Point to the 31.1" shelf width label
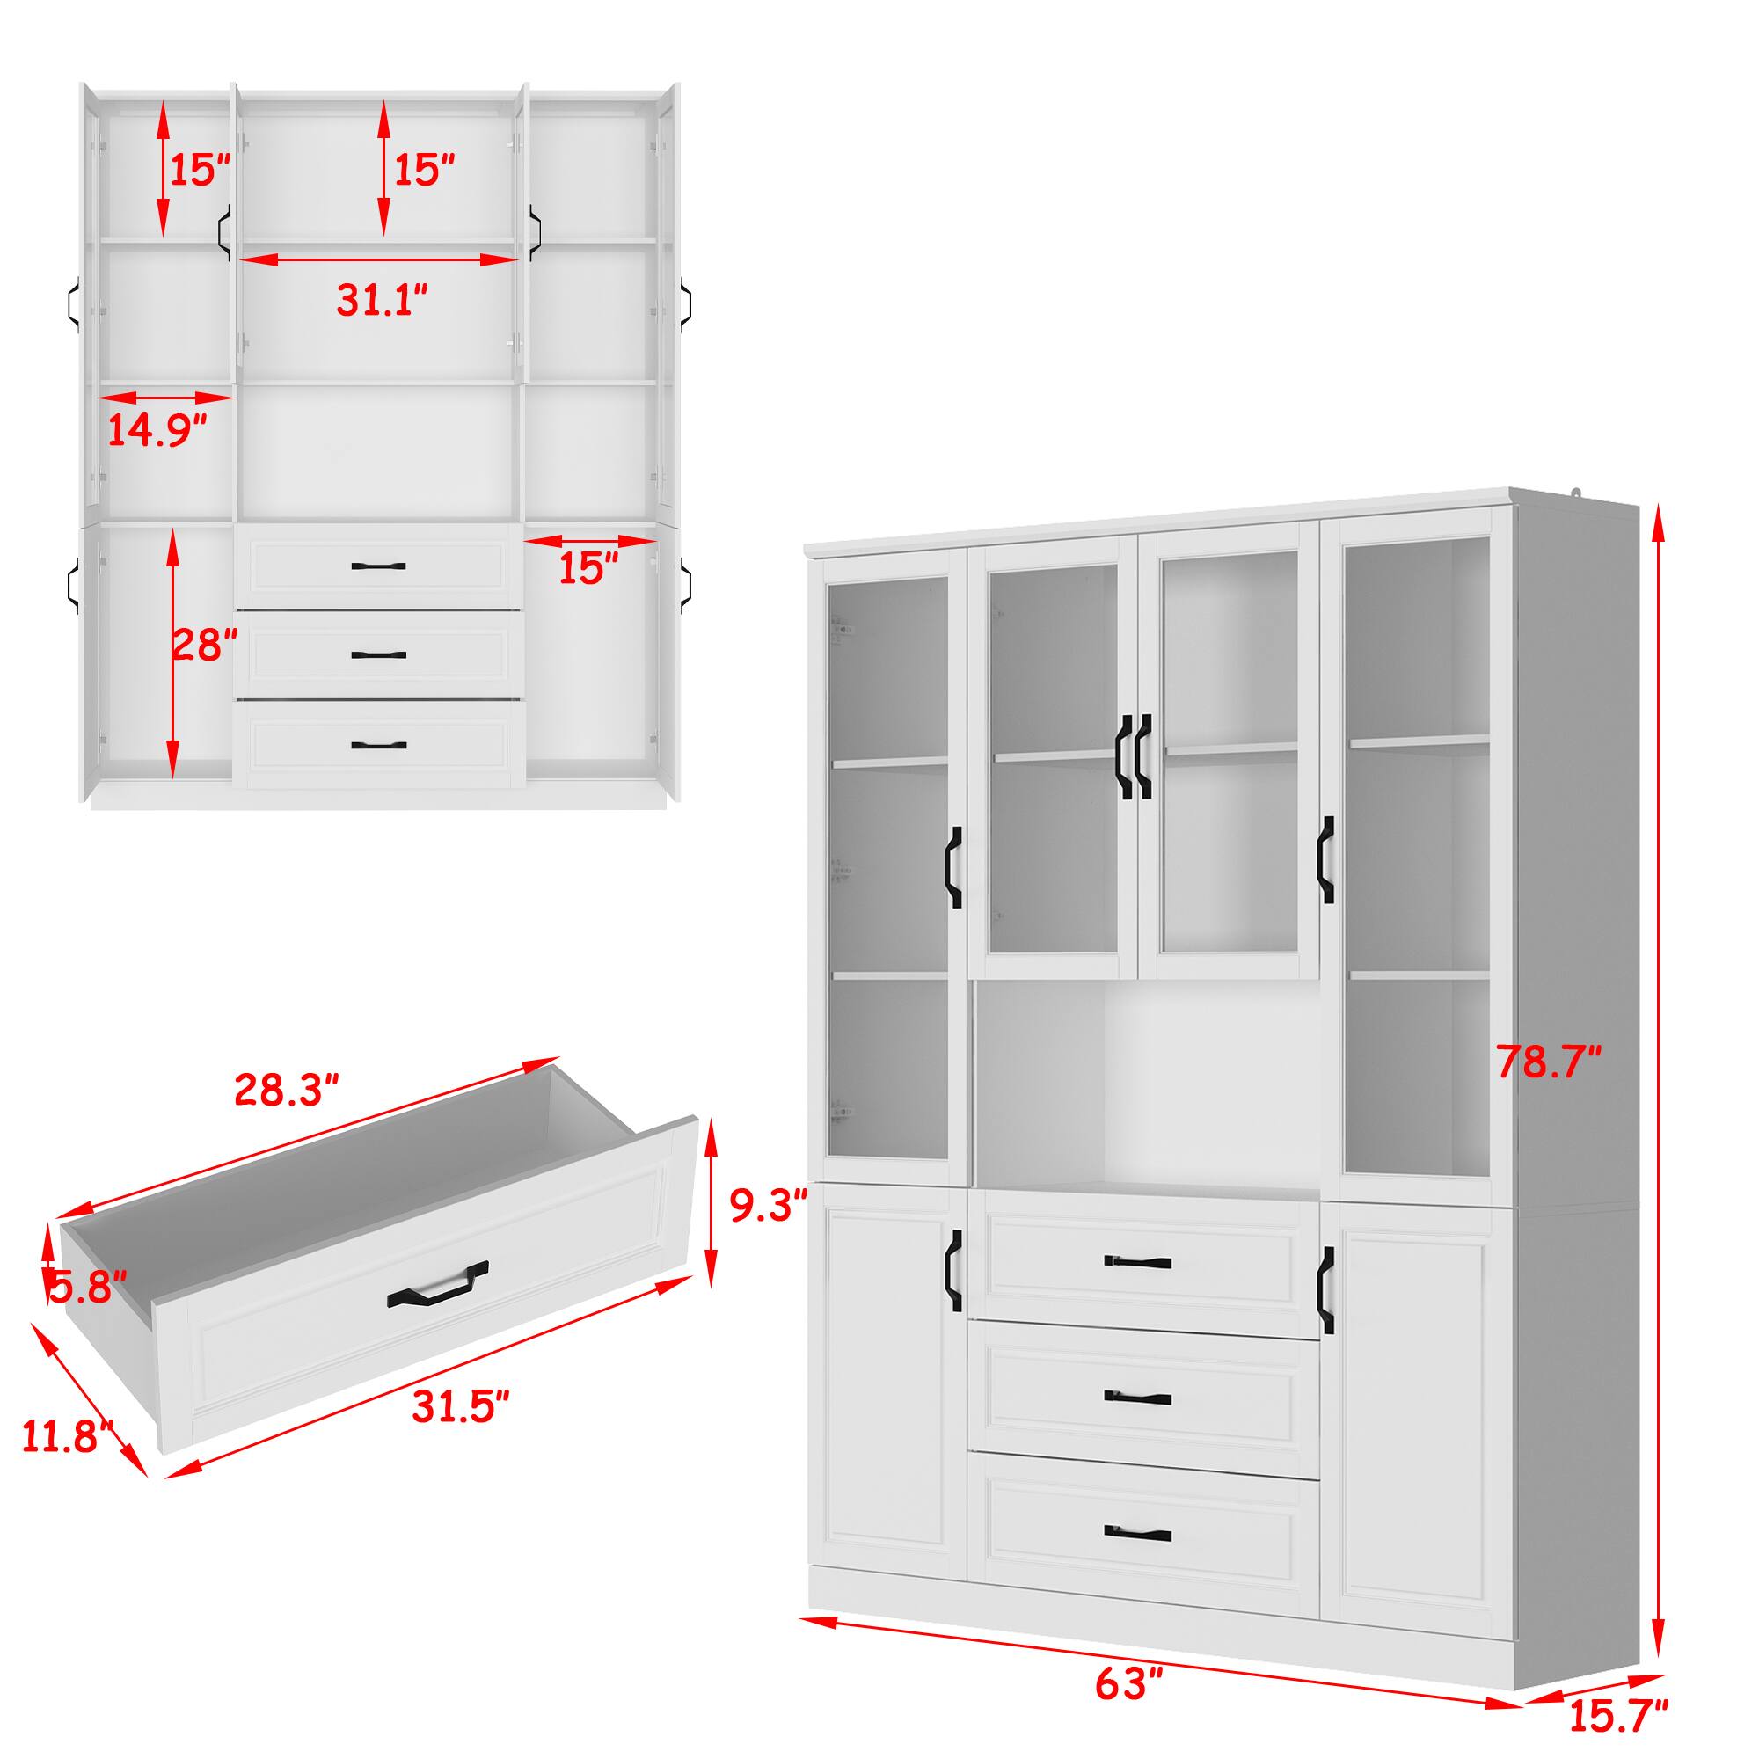(x=382, y=300)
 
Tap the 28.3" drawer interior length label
(x=287, y=1089)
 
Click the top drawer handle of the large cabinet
(x=1138, y=1262)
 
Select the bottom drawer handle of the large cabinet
(x=1138, y=1532)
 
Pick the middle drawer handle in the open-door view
(x=378, y=654)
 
